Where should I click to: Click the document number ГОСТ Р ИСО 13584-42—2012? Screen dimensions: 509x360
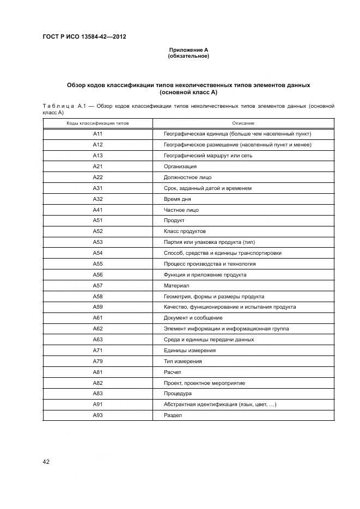(84, 36)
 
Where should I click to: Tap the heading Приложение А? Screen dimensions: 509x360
(188, 50)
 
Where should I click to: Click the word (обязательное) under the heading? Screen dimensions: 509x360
(188, 56)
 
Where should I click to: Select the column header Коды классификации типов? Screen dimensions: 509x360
(98, 124)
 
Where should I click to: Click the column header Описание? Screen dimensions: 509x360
(243, 124)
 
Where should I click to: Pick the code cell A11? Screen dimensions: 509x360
(98, 134)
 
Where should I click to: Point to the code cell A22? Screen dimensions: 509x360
(98, 177)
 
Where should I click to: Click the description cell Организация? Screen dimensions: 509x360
(180, 167)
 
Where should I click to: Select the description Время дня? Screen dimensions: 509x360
(178, 199)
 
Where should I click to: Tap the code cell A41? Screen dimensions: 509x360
(98, 210)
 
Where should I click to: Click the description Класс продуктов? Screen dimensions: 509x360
(185, 231)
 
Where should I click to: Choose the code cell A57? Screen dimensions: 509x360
(98, 286)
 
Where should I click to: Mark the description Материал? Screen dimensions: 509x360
(176, 286)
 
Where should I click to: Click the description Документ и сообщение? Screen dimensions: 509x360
(193, 318)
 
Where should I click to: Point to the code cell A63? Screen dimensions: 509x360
(98, 340)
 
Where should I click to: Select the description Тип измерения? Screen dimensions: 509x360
(183, 361)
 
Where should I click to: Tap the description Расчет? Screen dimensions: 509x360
(173, 372)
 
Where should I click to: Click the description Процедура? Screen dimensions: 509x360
(178, 394)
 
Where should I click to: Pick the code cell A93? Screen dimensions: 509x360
(98, 415)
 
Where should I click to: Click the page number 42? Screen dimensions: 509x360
(46, 462)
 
